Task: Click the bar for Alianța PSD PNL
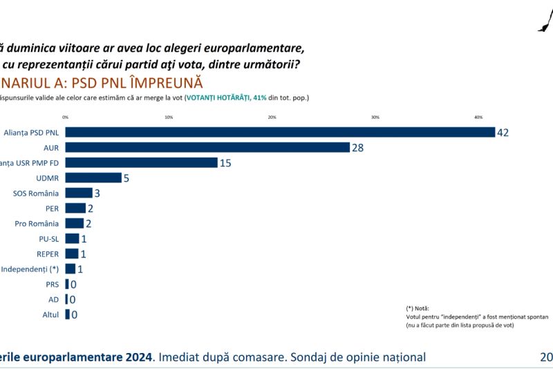pos(280,132)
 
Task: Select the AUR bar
pos(207,147)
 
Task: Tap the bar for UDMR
pos(93,178)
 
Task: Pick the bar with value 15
pos(141,162)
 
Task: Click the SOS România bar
pos(79,193)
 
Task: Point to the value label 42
pos(503,132)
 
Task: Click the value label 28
pos(357,147)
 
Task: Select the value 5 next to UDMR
pos(126,178)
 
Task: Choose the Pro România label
pos(37,223)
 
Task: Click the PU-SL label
pos(48,238)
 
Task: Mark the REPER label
pos(48,254)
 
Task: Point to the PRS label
pos(52,284)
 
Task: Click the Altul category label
pos(50,314)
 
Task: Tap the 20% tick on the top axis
pos(272,117)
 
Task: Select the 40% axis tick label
pos(478,117)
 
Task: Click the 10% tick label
pos(169,117)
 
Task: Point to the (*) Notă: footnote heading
pos(419,307)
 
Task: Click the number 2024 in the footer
pos(138,357)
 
